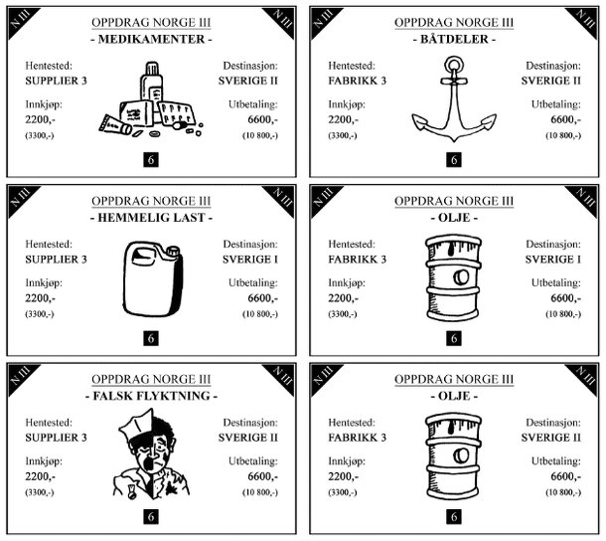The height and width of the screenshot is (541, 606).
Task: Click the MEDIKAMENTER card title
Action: tap(151, 39)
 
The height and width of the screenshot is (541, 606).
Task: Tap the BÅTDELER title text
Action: tap(454, 39)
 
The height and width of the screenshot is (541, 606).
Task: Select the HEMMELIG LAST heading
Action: tap(151, 218)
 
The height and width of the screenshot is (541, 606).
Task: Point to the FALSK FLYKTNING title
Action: tap(151, 396)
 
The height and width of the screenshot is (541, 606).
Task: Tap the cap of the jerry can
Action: tap(173, 251)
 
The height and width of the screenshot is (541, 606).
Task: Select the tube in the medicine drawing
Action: tap(115, 125)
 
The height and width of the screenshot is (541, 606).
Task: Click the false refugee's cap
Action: tap(135, 425)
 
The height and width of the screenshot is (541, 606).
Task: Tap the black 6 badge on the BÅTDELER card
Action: tap(454, 159)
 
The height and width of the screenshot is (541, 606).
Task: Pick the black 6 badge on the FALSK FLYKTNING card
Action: tap(151, 516)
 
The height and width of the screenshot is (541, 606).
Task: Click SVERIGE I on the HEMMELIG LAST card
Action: tap(250, 260)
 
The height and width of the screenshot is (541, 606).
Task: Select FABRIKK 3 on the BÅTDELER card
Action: tap(357, 81)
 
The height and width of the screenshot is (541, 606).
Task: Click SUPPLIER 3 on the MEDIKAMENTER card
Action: tap(56, 81)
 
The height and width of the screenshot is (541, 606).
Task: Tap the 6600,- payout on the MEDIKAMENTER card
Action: tap(263, 119)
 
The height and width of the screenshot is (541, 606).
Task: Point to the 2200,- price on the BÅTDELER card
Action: tap(343, 119)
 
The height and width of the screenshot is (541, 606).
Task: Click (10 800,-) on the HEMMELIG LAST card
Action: tap(260, 314)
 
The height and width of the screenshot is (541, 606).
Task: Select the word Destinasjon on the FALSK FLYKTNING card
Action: tap(250, 423)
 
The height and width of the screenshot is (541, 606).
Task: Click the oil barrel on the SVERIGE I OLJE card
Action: tap(454, 277)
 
